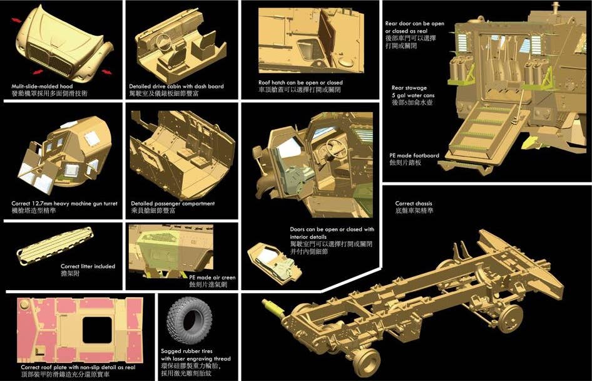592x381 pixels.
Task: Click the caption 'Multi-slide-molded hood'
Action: pos(42,86)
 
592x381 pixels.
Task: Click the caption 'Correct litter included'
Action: pos(88,266)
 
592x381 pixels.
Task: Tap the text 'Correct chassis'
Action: pos(414,204)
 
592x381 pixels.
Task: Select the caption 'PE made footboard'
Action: pos(414,155)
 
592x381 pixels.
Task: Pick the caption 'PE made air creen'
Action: pos(212,276)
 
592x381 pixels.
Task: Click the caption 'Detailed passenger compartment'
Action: pos(173,204)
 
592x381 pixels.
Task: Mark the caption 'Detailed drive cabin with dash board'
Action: pos(176,86)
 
